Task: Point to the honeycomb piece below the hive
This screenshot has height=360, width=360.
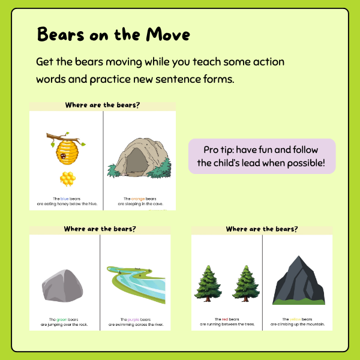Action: pyautogui.click(x=66, y=178)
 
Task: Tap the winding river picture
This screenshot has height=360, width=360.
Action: pyautogui.click(x=136, y=283)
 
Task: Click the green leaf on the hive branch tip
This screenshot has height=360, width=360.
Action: pyautogui.click(x=52, y=145)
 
